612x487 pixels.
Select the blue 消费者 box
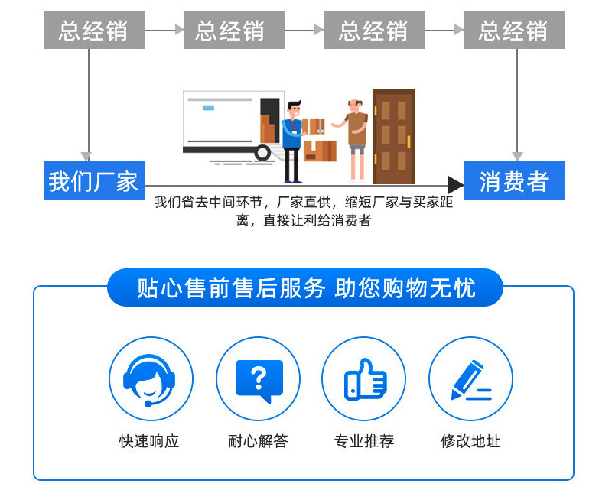pyautogui.click(x=513, y=180)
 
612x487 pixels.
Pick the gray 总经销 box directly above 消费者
pyautogui.click(x=513, y=31)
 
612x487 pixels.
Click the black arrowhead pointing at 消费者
pyautogui.click(x=456, y=184)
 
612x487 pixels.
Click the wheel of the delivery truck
pyautogui.click(x=263, y=152)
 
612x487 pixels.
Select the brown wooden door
pyautogui.click(x=393, y=136)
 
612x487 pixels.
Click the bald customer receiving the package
pyautogui.click(x=355, y=138)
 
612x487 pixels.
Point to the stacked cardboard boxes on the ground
pyautogui.click(x=320, y=149)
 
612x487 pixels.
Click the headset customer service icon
pyautogui.click(x=151, y=379)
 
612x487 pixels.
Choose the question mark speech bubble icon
pyautogui.click(x=258, y=379)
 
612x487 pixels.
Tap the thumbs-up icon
pyautogui.click(x=364, y=379)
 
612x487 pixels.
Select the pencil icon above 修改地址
pyautogui.click(x=470, y=379)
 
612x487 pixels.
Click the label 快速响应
pyautogui.click(x=150, y=441)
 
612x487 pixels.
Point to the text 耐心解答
pyautogui.click(x=258, y=441)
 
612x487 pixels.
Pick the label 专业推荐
pyautogui.click(x=364, y=441)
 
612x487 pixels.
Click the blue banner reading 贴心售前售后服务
pyautogui.click(x=305, y=287)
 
